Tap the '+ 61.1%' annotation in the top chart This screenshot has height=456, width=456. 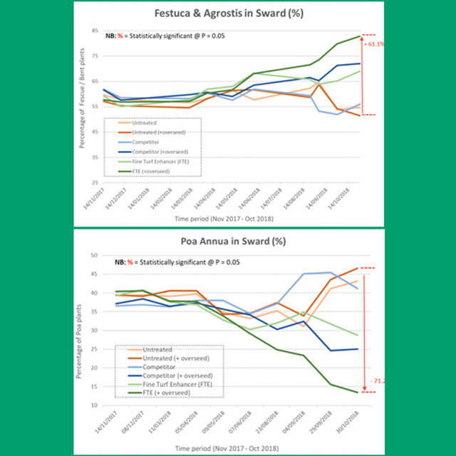click(x=374, y=43)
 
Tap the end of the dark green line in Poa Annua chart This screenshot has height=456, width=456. click(x=358, y=392)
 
